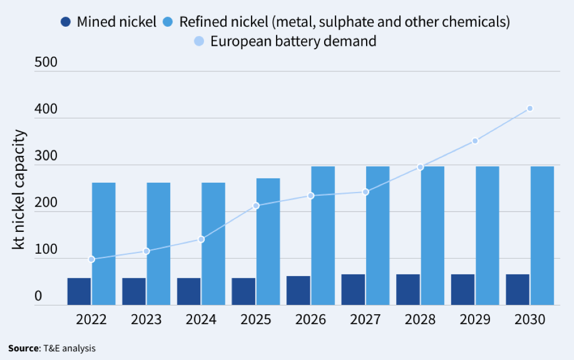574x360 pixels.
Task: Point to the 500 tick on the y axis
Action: [x=46, y=62]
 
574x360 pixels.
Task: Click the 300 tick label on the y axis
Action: [x=46, y=155]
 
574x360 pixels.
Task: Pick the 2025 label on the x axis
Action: [x=256, y=319]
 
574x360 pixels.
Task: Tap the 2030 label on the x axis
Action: [x=530, y=319]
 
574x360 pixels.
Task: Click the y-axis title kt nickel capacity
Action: [x=19, y=189]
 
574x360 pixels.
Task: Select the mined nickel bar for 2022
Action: [x=79, y=291]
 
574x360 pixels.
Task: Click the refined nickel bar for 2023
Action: [x=158, y=243]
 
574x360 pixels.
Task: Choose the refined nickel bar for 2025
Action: [x=268, y=241]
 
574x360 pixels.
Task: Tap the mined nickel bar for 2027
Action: [x=353, y=290]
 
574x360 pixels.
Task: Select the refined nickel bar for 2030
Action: [x=542, y=235]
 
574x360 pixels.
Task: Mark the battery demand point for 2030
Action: [x=530, y=109]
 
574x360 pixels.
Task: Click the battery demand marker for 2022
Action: [x=92, y=259]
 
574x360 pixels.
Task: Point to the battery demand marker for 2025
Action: [x=256, y=206]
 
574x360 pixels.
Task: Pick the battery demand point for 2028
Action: [x=420, y=167]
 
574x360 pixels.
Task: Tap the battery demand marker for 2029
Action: [x=475, y=141]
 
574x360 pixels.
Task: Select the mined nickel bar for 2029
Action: [x=463, y=290]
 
